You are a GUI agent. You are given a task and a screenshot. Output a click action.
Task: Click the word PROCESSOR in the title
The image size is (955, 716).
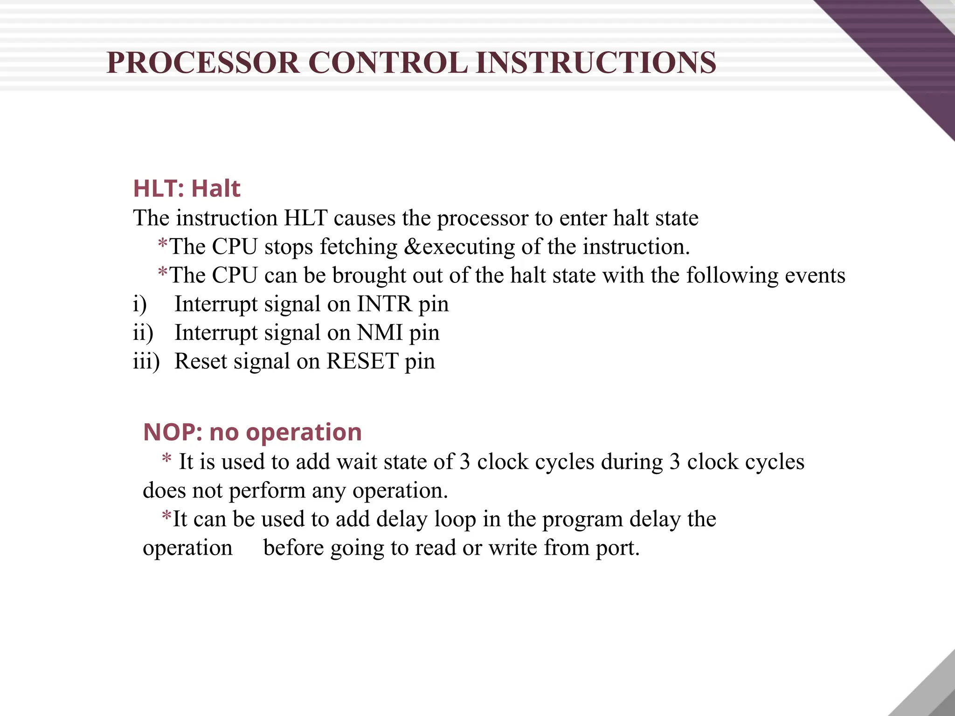(203, 63)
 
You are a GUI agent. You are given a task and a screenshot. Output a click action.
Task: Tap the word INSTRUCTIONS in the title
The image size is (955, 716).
(596, 63)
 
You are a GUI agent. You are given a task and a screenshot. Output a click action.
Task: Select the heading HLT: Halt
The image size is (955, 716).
(187, 189)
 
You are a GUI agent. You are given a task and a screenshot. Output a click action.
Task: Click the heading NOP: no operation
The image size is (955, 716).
(252, 432)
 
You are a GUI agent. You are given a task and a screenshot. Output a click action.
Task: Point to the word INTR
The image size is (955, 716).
(385, 304)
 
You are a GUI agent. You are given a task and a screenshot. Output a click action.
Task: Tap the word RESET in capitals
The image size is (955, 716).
(362, 361)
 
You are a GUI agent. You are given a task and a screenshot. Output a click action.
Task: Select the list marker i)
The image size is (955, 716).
(140, 304)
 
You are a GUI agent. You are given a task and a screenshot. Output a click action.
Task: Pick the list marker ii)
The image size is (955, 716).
(143, 333)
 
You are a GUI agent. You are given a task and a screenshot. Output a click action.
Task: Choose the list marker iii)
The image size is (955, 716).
(146, 361)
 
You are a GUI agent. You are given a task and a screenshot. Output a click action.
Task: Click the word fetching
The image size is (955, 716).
(358, 247)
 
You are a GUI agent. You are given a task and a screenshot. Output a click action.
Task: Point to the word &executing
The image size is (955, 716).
(459, 247)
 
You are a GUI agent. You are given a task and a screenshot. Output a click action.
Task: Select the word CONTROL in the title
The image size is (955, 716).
(388, 63)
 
